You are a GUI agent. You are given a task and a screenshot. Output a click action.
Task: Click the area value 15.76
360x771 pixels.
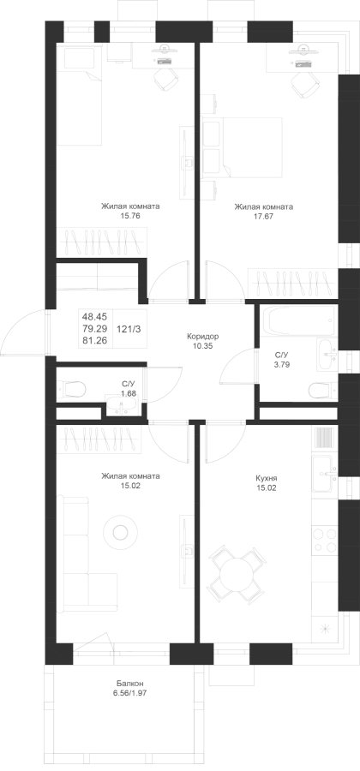pyautogui.click(x=130, y=215)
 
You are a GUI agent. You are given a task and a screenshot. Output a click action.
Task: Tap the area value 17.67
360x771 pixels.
pyautogui.click(x=264, y=215)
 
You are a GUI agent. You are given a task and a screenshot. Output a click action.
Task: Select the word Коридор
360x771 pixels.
pyautogui.click(x=202, y=337)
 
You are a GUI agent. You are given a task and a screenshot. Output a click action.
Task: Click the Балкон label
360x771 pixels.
pyautogui.click(x=130, y=684)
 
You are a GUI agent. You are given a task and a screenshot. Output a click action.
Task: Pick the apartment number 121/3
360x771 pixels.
pyautogui.click(x=129, y=330)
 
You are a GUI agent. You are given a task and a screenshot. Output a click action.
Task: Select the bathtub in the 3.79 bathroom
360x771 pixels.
pyautogui.click(x=297, y=320)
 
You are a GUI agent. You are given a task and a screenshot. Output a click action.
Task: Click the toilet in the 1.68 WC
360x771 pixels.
pyautogui.click(x=72, y=390)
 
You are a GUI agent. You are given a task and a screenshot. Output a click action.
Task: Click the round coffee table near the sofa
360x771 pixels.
pyautogui.click(x=120, y=531)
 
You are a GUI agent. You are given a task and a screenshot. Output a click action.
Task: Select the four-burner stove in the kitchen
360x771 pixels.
pyautogui.click(x=325, y=541)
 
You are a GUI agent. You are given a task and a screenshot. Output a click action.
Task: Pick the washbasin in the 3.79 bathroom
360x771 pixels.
pyautogui.click(x=327, y=354)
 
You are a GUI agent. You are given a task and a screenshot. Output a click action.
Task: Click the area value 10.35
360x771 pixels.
pyautogui.click(x=202, y=346)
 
